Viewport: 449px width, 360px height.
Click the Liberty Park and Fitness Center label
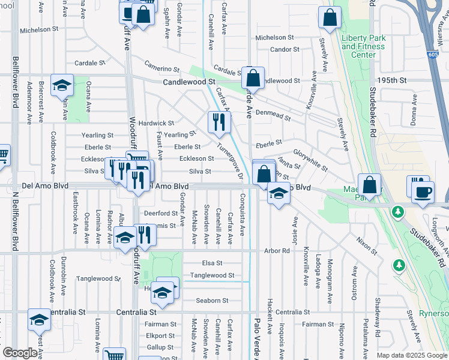[363, 46]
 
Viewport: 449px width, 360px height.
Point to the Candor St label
[280, 50]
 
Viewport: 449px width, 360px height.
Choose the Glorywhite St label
[311, 160]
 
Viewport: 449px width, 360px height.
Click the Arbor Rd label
[277, 251]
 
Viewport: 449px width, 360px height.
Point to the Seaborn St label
[212, 301]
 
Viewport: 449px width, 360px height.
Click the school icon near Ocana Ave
[62, 86]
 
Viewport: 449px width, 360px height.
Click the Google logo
[20, 353]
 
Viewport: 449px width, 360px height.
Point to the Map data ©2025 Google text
[411, 355]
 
